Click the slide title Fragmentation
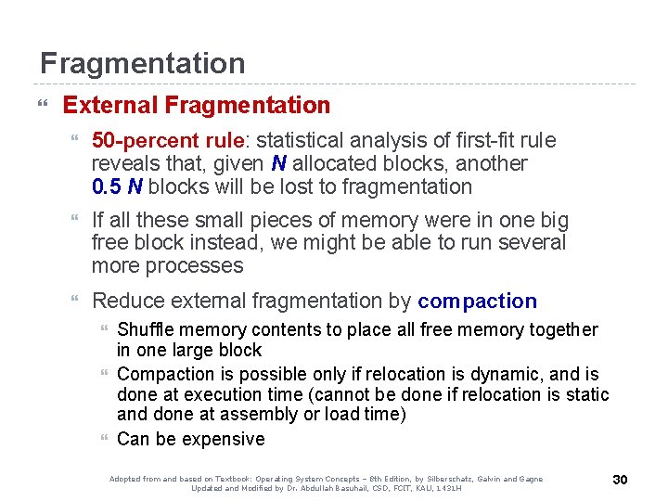[142, 63]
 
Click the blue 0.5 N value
[117, 186]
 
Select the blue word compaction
[477, 301]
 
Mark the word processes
[199, 266]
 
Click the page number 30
[620, 480]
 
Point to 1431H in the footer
[445, 488]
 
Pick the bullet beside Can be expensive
[104, 439]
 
